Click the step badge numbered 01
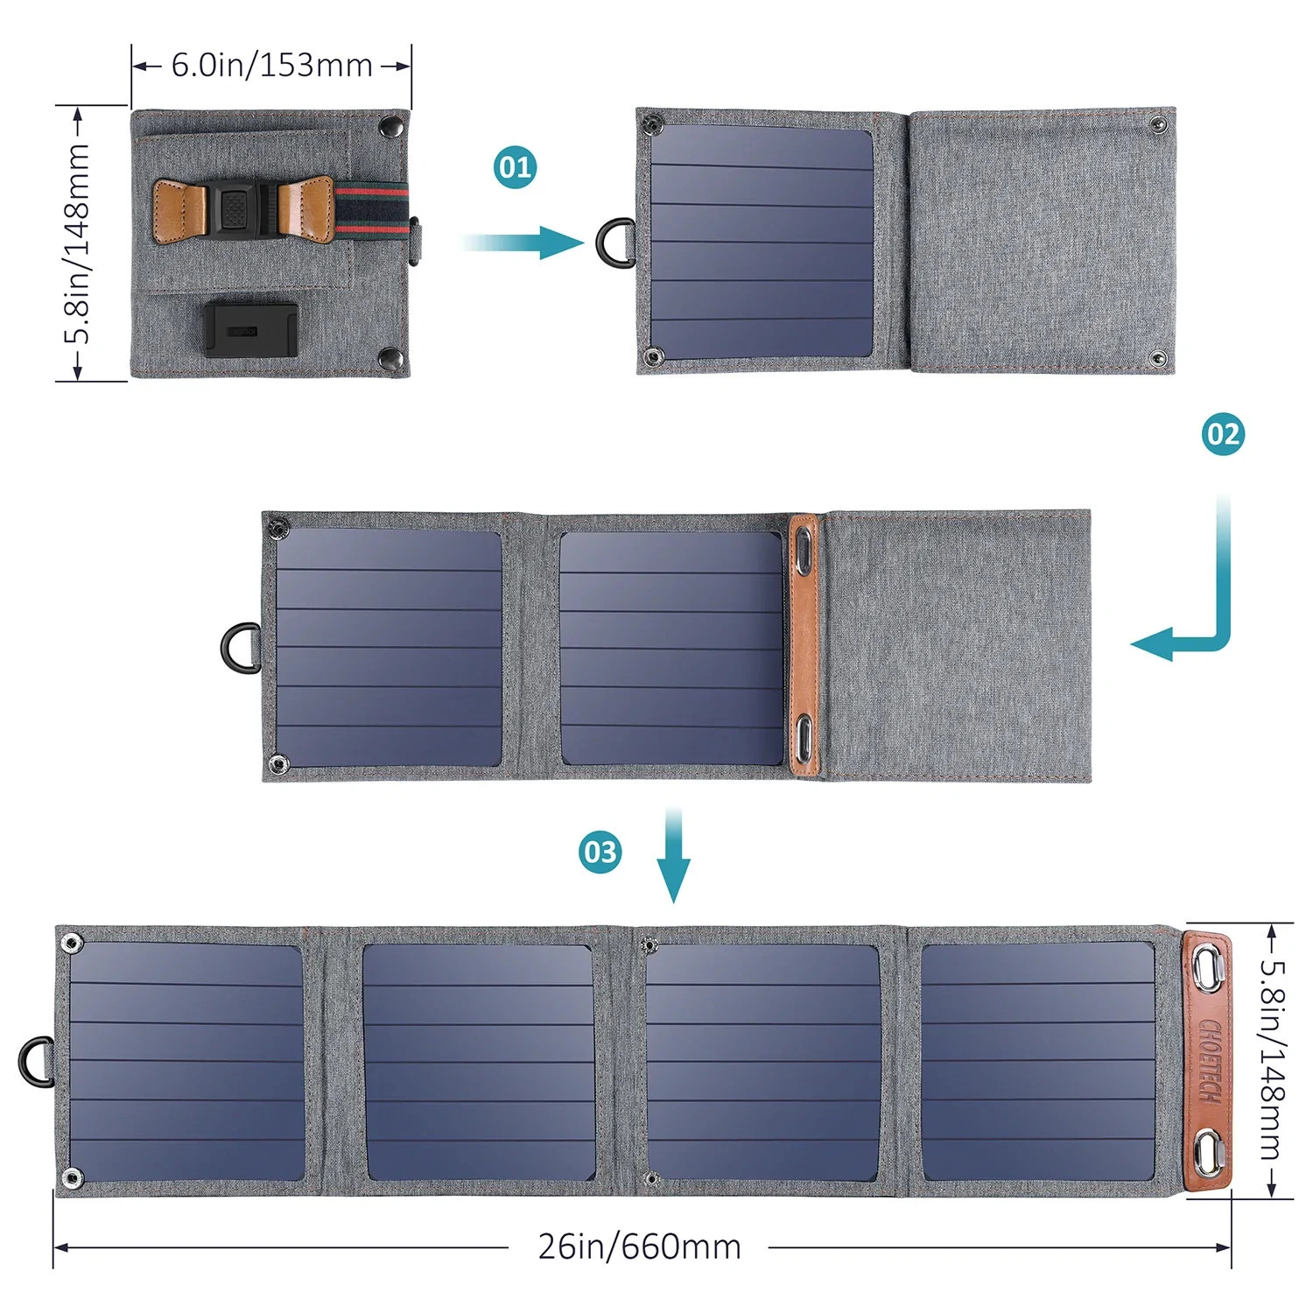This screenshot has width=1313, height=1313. [516, 167]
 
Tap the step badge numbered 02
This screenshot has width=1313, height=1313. [1223, 434]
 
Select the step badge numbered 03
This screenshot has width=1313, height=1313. [600, 852]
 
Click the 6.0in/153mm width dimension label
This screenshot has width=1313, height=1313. [271, 66]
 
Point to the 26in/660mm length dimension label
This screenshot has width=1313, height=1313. [639, 1246]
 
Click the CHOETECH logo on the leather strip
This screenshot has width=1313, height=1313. [1210, 1060]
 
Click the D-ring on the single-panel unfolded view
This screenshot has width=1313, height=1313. [615, 242]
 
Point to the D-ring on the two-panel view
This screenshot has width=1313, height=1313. [240, 648]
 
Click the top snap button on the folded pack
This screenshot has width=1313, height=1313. [388, 128]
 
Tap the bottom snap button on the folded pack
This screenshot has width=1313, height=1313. [390, 357]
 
